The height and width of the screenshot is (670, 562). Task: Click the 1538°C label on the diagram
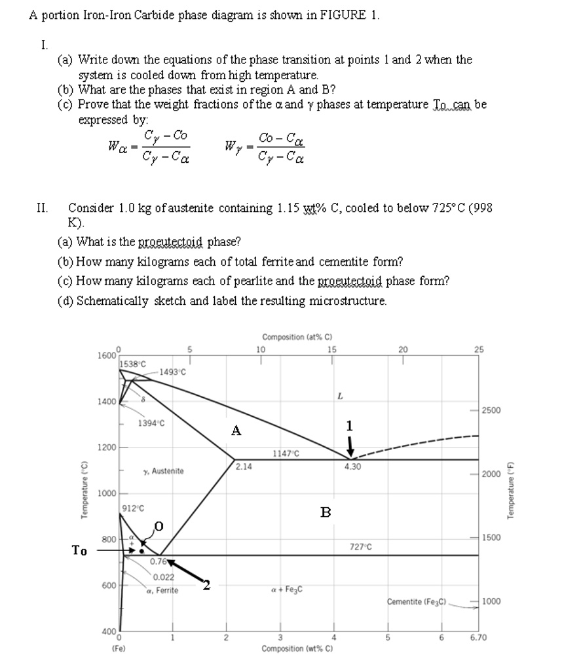(x=133, y=363)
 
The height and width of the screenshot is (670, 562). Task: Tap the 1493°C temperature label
(x=172, y=372)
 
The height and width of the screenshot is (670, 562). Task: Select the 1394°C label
(x=151, y=423)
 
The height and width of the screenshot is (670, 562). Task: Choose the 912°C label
(x=133, y=507)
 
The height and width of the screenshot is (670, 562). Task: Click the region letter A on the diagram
(x=236, y=431)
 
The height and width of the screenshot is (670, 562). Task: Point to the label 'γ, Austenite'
(x=164, y=471)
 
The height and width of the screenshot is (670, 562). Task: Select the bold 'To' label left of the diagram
(x=79, y=550)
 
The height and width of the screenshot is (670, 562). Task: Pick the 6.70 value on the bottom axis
(x=481, y=637)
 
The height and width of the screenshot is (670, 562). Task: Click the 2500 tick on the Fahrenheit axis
(x=493, y=410)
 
